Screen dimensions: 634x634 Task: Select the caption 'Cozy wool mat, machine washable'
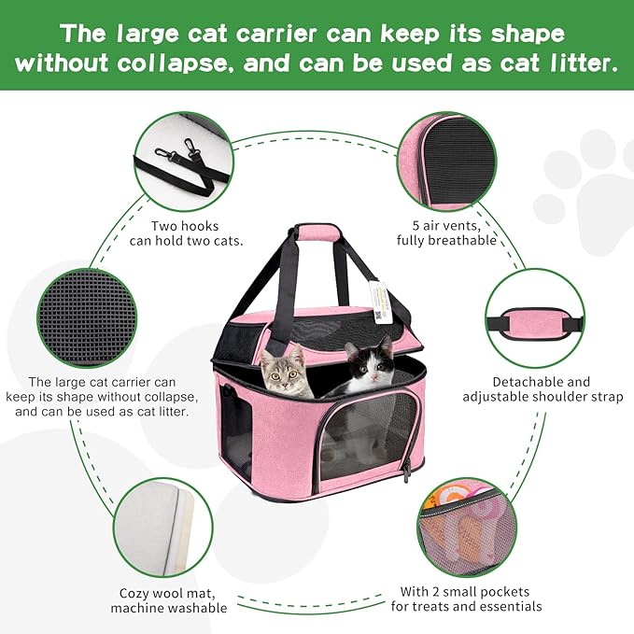tap(168, 600)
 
